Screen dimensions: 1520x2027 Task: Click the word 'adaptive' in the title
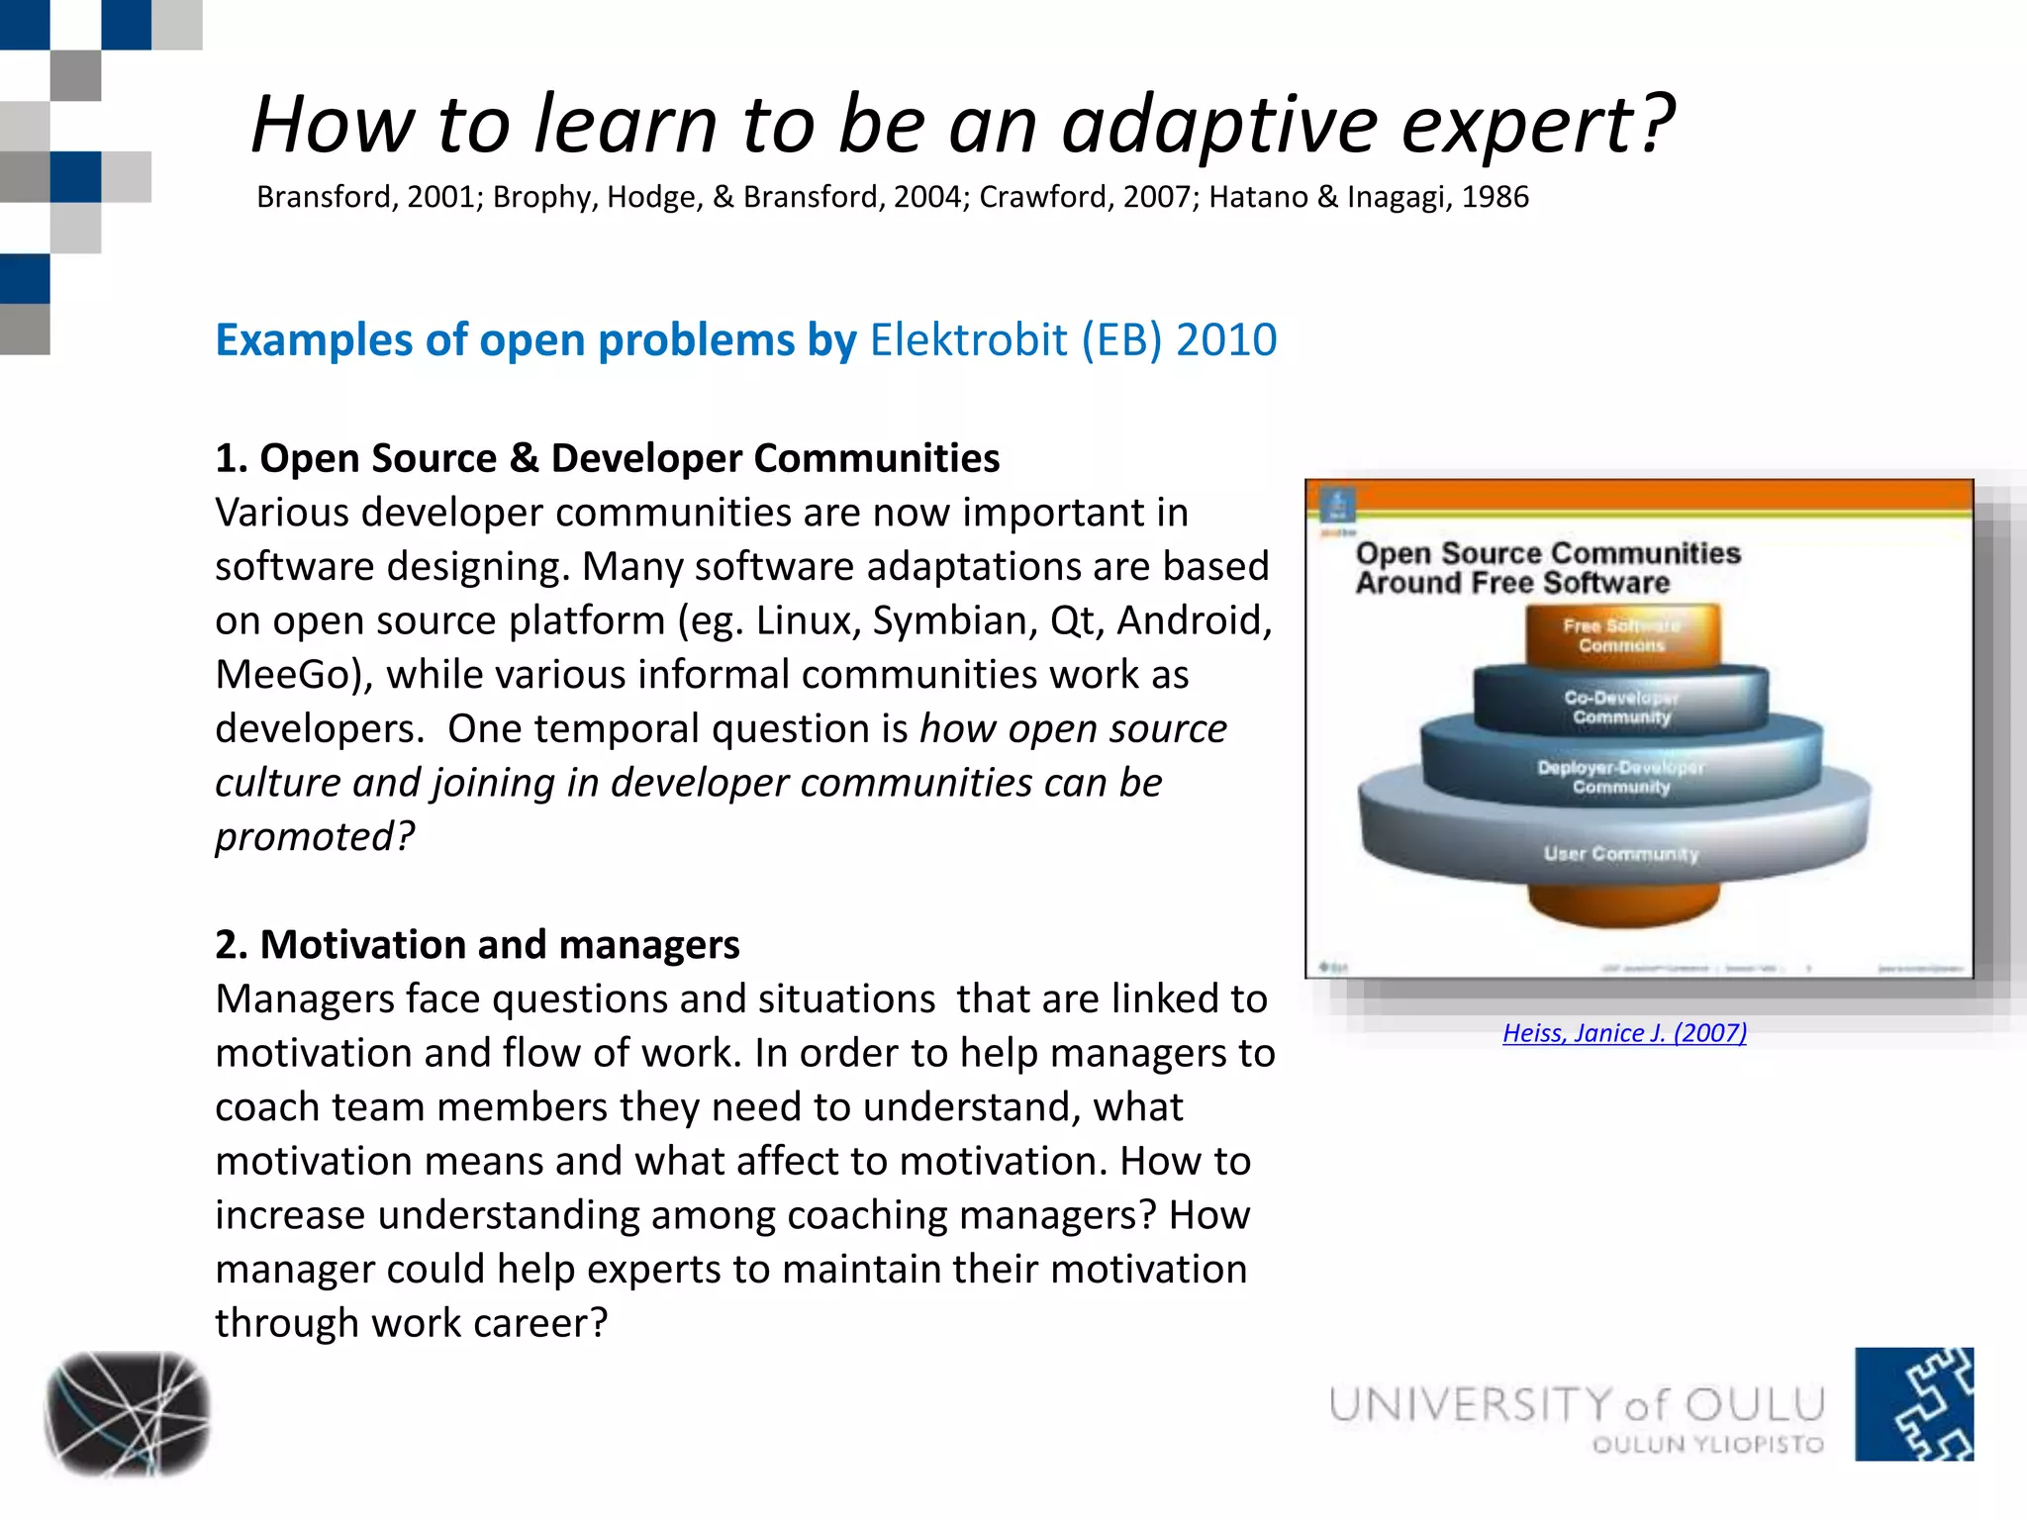click(1219, 126)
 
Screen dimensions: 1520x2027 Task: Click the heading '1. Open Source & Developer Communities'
click(607, 458)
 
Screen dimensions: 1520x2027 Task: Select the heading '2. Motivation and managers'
click(477, 945)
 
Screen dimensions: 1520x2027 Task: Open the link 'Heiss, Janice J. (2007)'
click(1624, 1033)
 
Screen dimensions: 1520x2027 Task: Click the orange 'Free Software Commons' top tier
click(1621, 635)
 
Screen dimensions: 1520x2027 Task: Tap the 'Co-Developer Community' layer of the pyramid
click(1621, 707)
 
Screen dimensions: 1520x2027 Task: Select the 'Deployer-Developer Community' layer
click(1621, 777)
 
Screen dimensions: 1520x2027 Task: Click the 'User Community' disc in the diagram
click(1621, 853)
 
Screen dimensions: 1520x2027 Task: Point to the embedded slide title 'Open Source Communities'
click(1547, 552)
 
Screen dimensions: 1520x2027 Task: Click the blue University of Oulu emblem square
click(1913, 1403)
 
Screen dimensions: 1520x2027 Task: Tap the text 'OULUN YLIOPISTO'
click(1707, 1445)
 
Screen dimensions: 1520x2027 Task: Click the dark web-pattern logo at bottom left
click(127, 1413)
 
